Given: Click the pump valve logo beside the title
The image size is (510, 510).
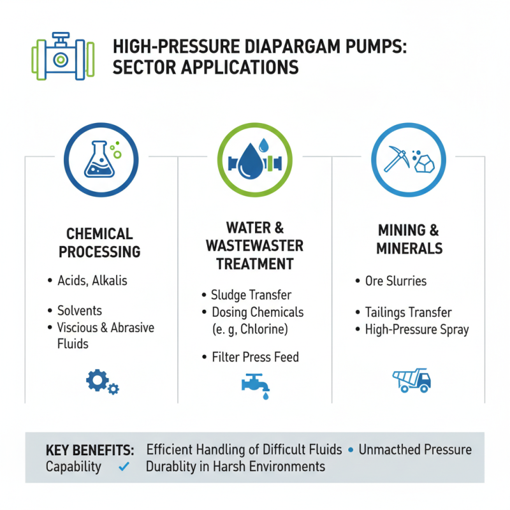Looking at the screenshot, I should [61, 55].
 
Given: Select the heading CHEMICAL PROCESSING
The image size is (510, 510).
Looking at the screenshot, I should [99, 243].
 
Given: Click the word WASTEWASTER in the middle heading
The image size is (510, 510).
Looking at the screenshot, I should [255, 245].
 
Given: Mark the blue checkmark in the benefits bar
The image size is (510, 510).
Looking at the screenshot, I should [124, 467].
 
